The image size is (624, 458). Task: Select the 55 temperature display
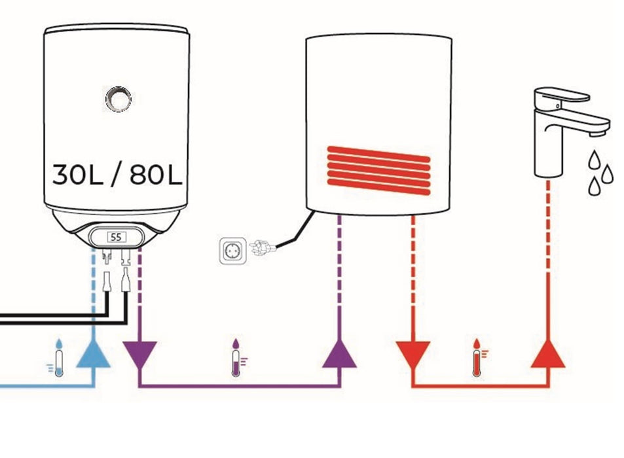116,237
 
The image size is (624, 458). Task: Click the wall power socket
232,251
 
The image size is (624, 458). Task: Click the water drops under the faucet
600,171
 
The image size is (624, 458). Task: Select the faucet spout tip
596,133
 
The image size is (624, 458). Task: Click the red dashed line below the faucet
547,262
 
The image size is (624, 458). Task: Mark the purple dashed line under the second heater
339,275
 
